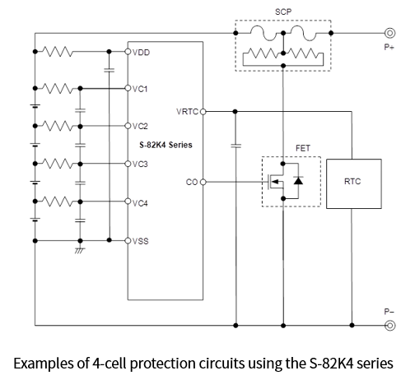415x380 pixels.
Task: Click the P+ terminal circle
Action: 389,33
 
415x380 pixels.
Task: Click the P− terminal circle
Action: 390,326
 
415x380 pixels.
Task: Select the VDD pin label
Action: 141,53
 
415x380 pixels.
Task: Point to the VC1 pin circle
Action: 128,88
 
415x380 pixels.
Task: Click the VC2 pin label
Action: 140,126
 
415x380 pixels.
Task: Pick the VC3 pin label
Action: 140,164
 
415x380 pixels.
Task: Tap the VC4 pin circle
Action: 128,202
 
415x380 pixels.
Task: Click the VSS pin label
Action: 141,241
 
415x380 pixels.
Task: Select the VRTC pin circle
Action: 203,112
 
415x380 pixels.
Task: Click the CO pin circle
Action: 203,182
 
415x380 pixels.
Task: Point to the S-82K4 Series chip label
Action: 166,145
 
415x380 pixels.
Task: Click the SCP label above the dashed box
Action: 283,12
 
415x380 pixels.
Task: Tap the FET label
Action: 303,148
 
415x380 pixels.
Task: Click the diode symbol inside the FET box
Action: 298,181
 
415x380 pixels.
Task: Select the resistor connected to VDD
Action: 58,52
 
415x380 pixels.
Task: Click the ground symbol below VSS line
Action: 80,250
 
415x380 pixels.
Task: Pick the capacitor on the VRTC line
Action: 236,146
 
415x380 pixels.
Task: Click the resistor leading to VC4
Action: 58,202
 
